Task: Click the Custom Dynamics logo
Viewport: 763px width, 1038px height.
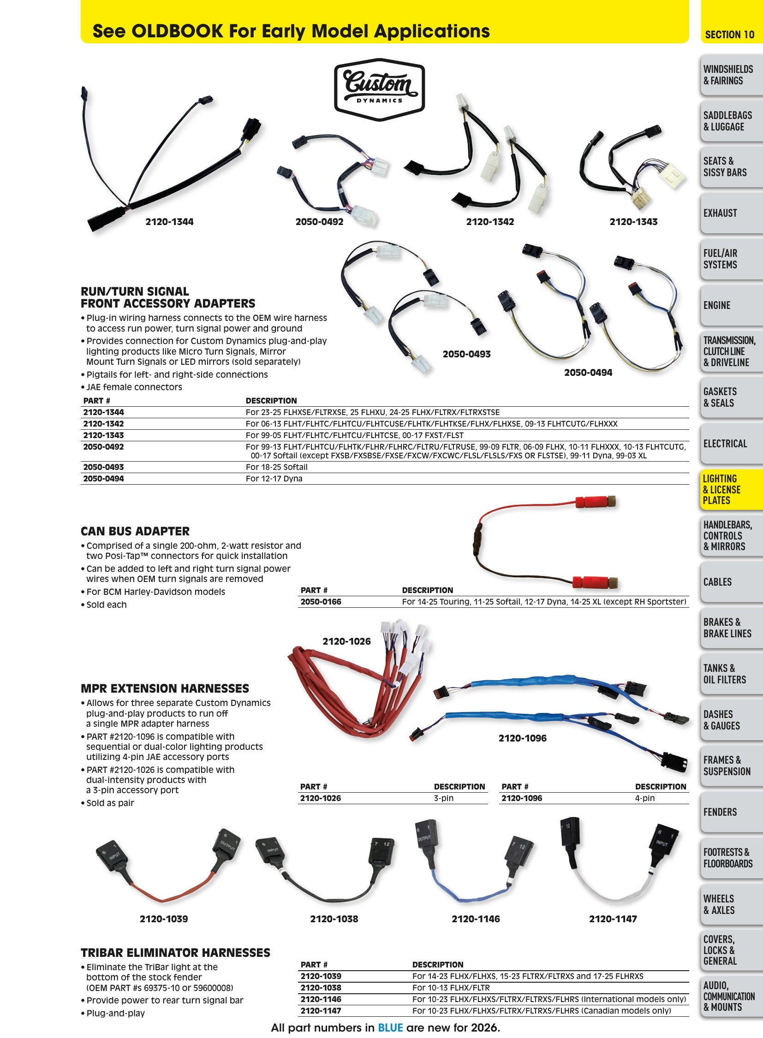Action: [379, 89]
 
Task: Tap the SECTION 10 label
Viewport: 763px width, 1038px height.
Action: [729, 35]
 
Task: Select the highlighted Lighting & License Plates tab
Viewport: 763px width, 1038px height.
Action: [731, 489]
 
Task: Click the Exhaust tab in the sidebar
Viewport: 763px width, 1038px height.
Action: [731, 213]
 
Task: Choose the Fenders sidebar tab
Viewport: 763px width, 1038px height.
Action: [731, 812]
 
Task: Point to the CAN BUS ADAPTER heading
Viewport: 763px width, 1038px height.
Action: [135, 531]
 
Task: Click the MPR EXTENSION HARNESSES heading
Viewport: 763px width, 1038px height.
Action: [165, 688]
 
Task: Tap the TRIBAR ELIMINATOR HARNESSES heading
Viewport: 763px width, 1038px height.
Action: [175, 953]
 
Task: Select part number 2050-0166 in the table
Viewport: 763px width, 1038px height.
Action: [321, 602]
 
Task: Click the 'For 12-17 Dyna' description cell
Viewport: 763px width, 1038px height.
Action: [274, 479]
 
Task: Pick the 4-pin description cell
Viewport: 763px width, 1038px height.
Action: [645, 798]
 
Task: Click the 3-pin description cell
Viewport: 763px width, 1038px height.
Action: [443, 798]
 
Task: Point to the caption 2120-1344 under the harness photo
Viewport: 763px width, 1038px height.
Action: [169, 222]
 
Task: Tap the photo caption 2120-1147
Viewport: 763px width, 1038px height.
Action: [613, 919]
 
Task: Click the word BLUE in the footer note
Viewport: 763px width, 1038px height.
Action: [390, 1028]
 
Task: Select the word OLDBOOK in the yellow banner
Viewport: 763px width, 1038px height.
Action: [177, 31]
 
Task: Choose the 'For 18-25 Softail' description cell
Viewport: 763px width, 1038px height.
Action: [277, 467]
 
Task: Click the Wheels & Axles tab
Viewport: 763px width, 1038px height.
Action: [731, 904]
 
